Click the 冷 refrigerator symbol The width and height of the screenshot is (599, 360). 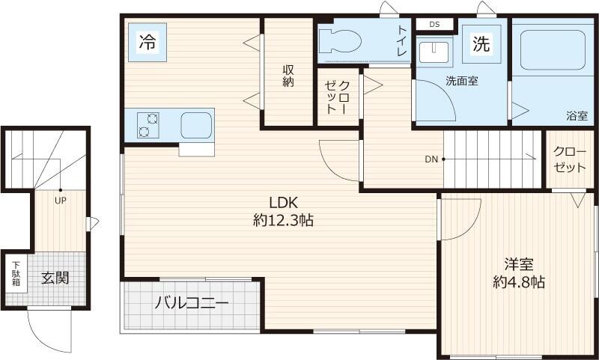147,42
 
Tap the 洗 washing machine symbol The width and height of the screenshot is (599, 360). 480,43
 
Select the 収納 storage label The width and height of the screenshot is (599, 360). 288,76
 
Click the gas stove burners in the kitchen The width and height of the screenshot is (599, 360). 148,125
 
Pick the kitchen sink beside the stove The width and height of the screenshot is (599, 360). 196,124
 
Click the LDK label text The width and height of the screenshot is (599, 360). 284,202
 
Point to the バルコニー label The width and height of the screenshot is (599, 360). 192,304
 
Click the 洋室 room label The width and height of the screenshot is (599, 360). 518,264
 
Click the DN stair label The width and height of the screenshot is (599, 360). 431,159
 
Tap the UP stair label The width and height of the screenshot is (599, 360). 59,200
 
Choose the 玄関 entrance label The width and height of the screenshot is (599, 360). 55,278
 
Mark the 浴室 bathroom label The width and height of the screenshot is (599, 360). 577,116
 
